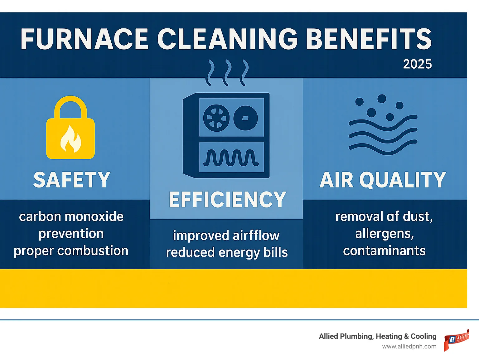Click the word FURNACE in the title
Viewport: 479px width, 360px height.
pos(84,39)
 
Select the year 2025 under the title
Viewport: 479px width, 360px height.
pos(417,64)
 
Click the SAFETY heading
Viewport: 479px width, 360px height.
pos(72,180)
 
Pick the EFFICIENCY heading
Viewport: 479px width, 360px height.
pos(227,200)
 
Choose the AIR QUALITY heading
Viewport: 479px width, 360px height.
pos(383,180)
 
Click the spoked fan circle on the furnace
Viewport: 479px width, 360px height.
pos(216,118)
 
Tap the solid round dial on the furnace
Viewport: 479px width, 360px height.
pos(246,118)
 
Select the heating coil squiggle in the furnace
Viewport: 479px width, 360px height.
pos(231,158)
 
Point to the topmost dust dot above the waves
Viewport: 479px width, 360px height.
pos(382,99)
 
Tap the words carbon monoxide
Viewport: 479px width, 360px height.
pos(71,216)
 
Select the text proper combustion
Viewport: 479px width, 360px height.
pos(71,251)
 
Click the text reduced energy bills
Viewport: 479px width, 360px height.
pos(227,252)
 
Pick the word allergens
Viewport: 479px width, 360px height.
pos(384,234)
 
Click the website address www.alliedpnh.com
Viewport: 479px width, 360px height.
pos(409,346)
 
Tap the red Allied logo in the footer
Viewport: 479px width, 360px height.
pos(457,340)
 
